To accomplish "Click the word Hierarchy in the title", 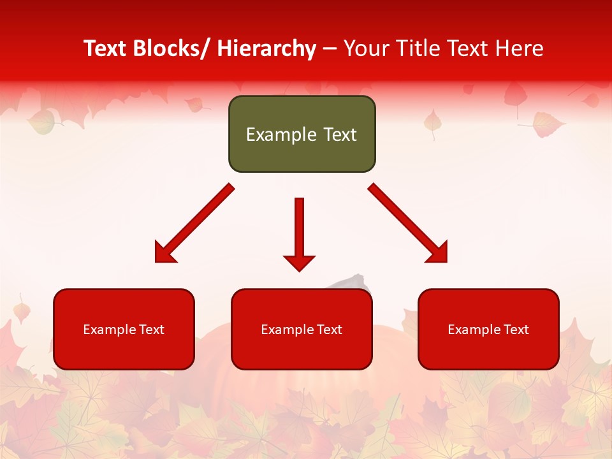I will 266,49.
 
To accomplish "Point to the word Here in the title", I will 519,49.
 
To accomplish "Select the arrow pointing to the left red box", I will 195,223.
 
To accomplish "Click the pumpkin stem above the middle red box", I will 351,281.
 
